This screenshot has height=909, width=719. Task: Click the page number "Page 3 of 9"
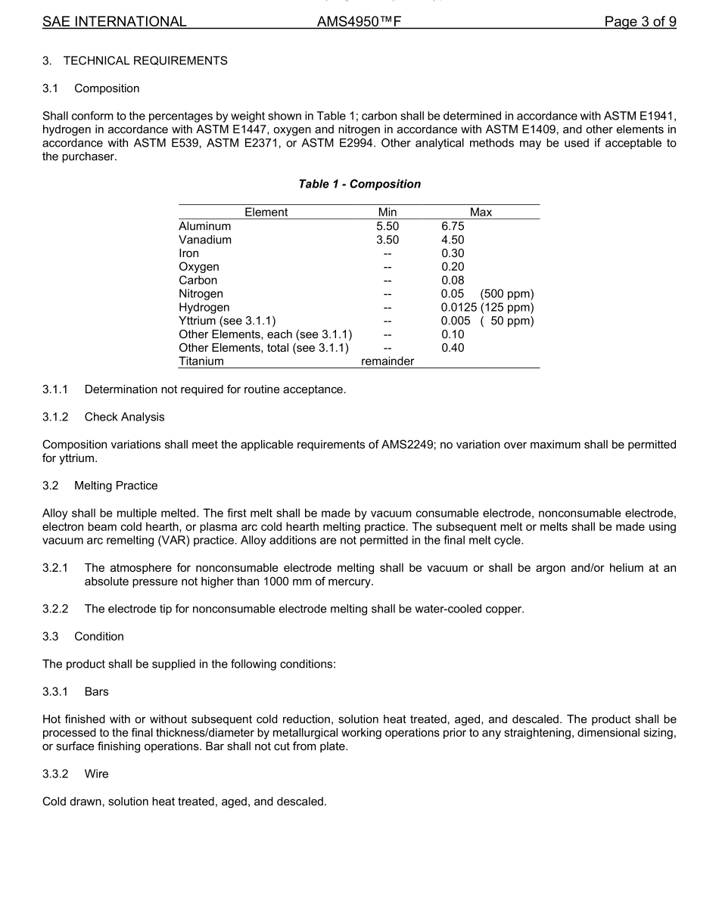tap(640, 22)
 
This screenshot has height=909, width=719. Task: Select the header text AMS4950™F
tap(359, 22)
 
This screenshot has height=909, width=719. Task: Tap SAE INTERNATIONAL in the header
tap(114, 22)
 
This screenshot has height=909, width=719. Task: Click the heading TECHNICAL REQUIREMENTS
tap(145, 60)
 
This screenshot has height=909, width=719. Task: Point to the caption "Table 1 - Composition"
tap(359, 184)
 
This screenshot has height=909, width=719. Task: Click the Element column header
tap(266, 213)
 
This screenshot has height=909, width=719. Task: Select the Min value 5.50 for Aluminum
tap(388, 226)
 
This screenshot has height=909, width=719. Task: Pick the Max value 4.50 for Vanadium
tap(453, 240)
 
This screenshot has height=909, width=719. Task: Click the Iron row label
tap(189, 253)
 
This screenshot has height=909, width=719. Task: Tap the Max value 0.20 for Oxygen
tap(453, 267)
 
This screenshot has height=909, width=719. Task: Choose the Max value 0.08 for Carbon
tap(453, 281)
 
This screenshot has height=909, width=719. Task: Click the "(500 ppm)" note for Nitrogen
tap(506, 294)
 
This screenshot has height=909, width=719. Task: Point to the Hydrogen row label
tap(204, 308)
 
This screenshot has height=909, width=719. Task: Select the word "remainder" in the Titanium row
tap(388, 361)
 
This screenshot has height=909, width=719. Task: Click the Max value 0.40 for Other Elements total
tap(453, 348)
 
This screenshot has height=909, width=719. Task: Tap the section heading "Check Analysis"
tap(124, 417)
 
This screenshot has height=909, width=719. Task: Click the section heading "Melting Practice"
tap(116, 485)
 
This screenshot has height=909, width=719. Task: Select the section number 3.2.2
tap(55, 609)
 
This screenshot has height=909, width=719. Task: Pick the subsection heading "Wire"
tap(96, 774)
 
